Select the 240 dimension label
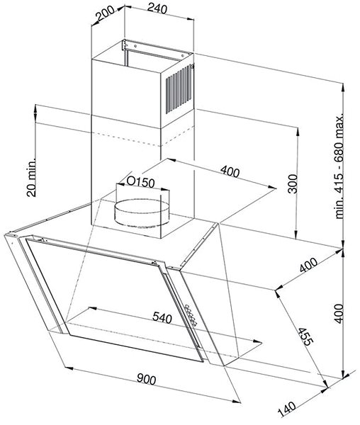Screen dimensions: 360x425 click(x=157, y=9)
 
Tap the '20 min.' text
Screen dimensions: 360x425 click(x=31, y=177)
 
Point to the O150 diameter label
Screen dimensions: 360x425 click(x=141, y=183)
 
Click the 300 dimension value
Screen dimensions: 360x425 click(x=293, y=184)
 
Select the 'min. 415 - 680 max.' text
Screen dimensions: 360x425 click(x=339, y=166)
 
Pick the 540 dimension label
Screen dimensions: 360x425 click(x=162, y=317)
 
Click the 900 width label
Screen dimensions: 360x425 click(x=147, y=379)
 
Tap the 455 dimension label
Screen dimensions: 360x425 click(x=305, y=336)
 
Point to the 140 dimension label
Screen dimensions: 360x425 click(x=287, y=409)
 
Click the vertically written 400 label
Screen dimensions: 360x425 click(x=338, y=314)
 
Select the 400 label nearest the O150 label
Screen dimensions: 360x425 click(x=230, y=171)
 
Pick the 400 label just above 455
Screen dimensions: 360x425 click(x=308, y=265)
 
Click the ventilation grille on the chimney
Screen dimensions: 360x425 click(x=179, y=89)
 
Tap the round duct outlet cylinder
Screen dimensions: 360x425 click(x=142, y=213)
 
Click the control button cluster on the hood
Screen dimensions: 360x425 click(x=191, y=314)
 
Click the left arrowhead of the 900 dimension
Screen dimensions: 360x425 click(x=69, y=368)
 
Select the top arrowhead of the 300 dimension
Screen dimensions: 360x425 click(x=298, y=132)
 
